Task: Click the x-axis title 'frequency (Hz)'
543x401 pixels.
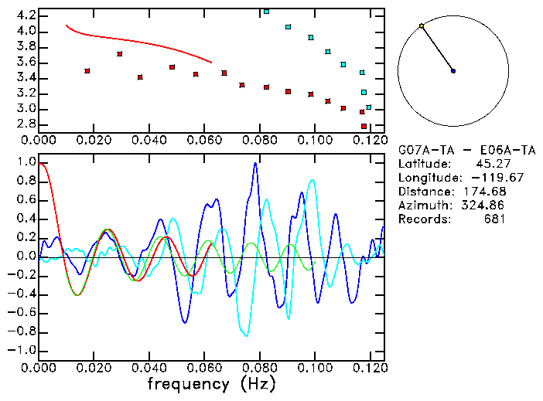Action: (x=211, y=384)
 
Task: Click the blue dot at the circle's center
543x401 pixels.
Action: (x=453, y=71)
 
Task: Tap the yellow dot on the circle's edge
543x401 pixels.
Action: (x=422, y=26)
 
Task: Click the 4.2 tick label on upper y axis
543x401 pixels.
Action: (x=26, y=15)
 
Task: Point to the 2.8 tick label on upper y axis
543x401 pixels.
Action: (x=26, y=124)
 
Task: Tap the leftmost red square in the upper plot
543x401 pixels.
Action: (x=87, y=71)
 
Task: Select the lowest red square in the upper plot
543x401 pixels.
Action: (x=364, y=126)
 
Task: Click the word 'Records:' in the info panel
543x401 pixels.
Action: (x=423, y=219)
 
